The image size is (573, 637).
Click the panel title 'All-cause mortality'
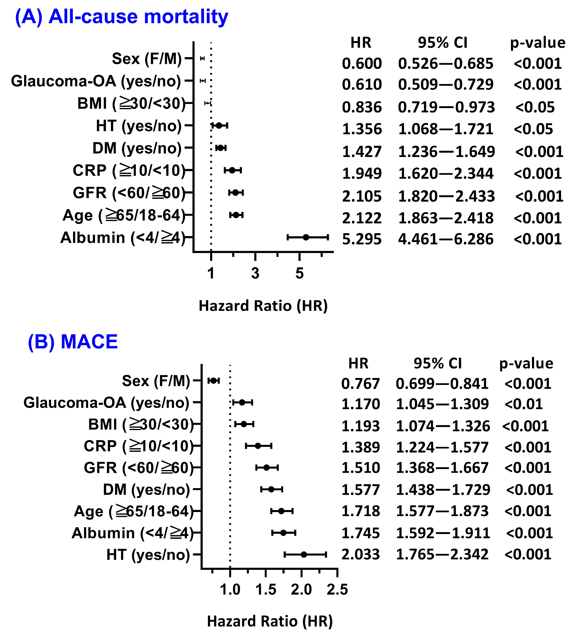tap(138, 16)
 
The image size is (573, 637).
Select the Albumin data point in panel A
tap(306, 237)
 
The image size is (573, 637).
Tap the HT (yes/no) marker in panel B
tap(304, 555)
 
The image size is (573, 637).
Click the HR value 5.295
tap(362, 239)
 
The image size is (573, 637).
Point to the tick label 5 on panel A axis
tap(299, 273)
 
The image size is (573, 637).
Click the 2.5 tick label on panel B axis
tap(337, 589)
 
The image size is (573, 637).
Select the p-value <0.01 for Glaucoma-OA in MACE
tap(523, 404)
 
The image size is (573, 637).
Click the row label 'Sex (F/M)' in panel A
tap(147, 59)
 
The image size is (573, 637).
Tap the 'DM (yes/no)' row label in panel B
tap(146, 490)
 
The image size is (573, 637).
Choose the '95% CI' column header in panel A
tap(442, 43)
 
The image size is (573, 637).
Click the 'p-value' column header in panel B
tap(526, 363)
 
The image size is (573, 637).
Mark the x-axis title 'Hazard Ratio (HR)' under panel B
tap(270, 621)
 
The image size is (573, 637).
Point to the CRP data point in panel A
tap(232, 170)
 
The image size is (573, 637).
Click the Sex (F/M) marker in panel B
tap(213, 381)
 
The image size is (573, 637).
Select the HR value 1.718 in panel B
tap(361, 511)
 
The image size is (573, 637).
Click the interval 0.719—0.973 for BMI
tap(446, 108)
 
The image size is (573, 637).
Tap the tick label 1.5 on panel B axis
tap(266, 589)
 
